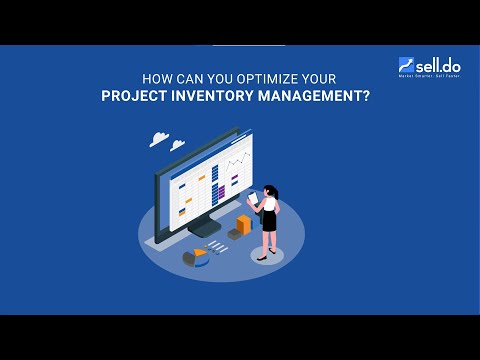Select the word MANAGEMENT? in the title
[319, 98]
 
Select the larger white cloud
[157, 138]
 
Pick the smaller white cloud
[177, 145]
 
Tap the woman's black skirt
[268, 221]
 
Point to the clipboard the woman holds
[253, 197]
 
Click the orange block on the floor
[244, 223]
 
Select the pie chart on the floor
[195, 258]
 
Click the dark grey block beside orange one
[235, 232]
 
